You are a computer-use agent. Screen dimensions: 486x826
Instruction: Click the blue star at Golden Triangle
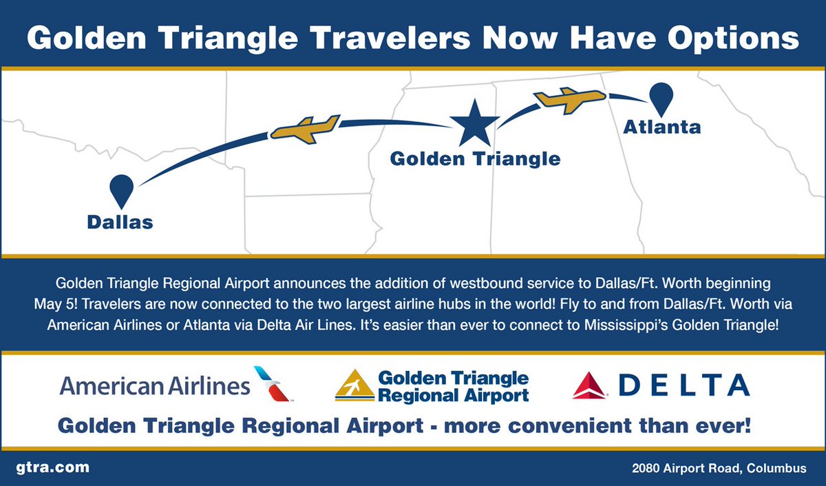474,125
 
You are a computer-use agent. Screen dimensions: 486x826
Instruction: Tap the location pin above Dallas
121,188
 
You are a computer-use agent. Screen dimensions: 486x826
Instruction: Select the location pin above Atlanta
661,98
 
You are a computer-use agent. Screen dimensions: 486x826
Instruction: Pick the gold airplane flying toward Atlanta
570,100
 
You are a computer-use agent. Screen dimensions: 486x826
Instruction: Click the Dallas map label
120,222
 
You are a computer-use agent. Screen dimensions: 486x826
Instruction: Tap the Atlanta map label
661,127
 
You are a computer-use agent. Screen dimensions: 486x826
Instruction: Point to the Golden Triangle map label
475,159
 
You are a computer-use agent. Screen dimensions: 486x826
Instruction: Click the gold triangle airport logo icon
354,386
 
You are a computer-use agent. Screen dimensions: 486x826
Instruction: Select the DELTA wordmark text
683,385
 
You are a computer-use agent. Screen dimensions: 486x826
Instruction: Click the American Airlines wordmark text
155,385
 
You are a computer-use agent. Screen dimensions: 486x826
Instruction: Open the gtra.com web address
52,467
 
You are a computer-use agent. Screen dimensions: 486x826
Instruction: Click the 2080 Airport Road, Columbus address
719,467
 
